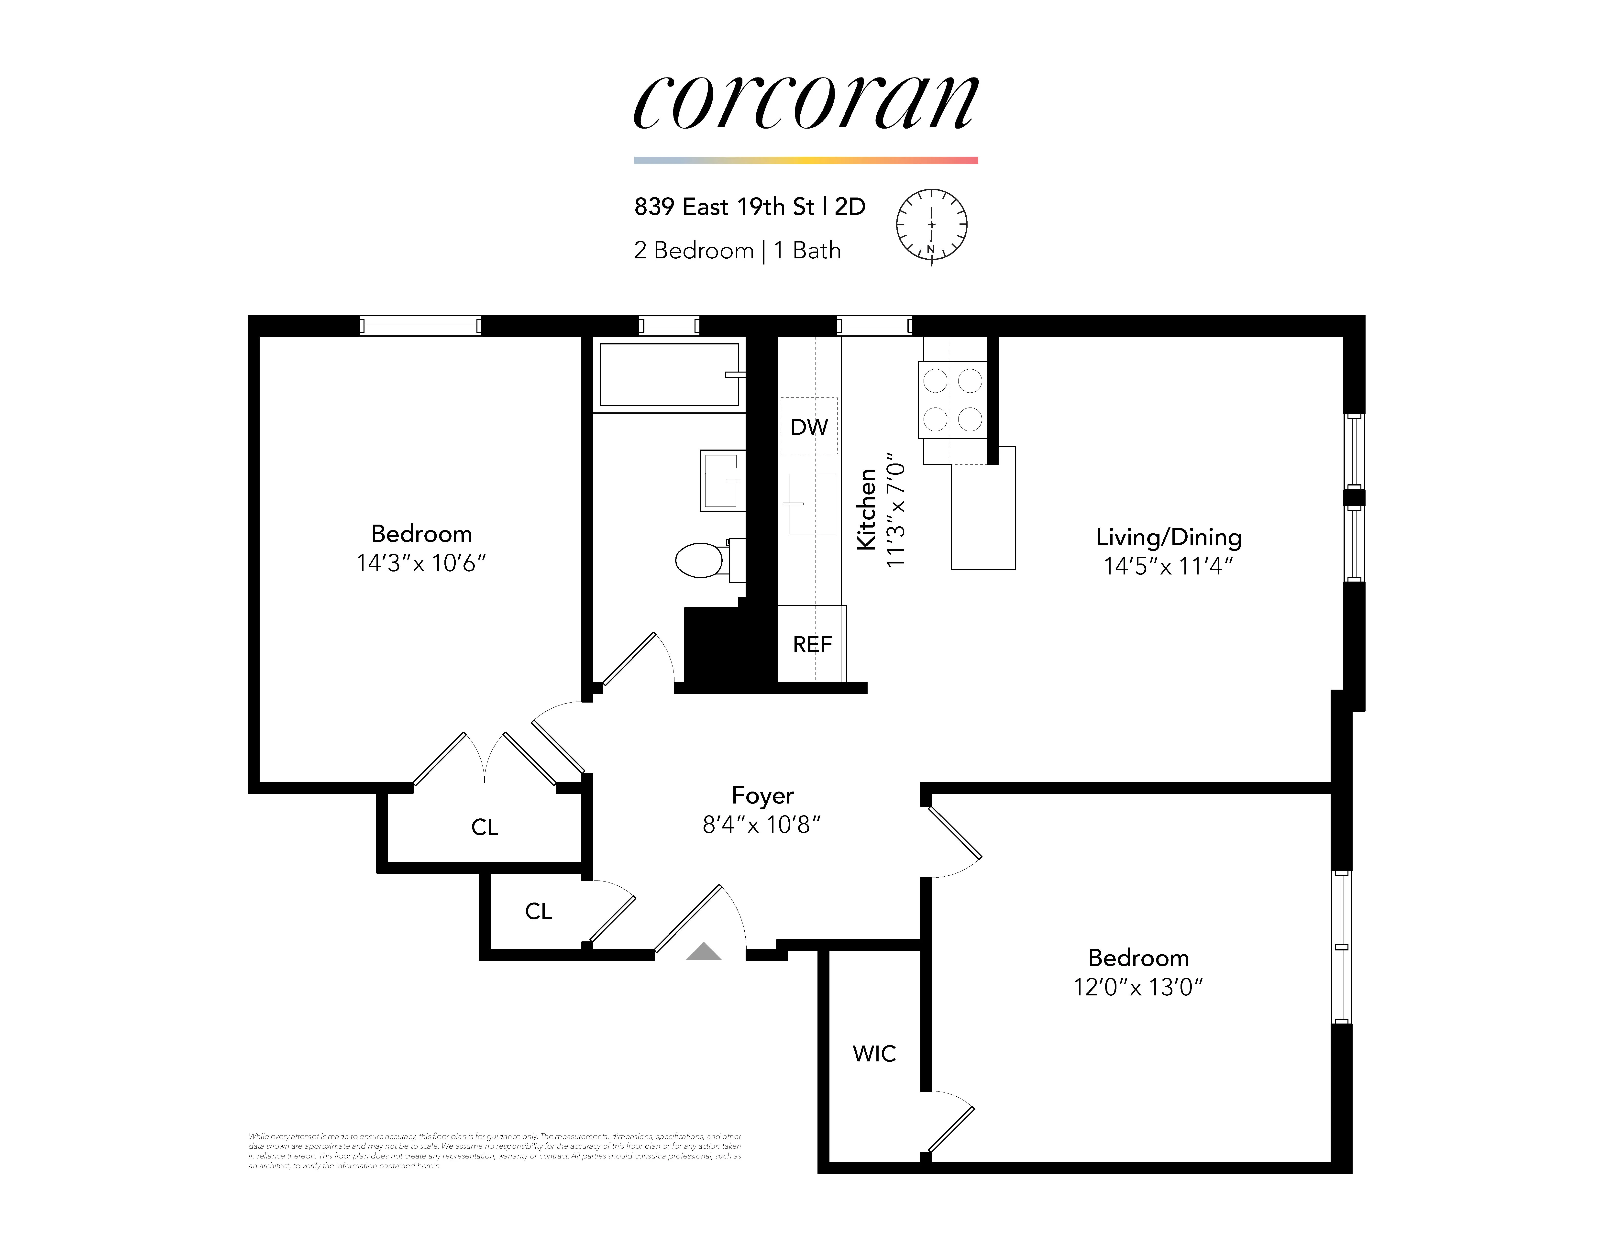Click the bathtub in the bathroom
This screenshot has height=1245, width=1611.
(x=669, y=375)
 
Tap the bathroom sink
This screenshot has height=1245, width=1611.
(x=721, y=481)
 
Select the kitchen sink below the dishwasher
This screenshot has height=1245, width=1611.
(x=812, y=504)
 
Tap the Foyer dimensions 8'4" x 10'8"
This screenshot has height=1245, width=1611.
(x=761, y=825)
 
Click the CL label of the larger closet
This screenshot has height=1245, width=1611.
(x=485, y=827)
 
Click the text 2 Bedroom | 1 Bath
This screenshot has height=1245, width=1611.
(x=737, y=251)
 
